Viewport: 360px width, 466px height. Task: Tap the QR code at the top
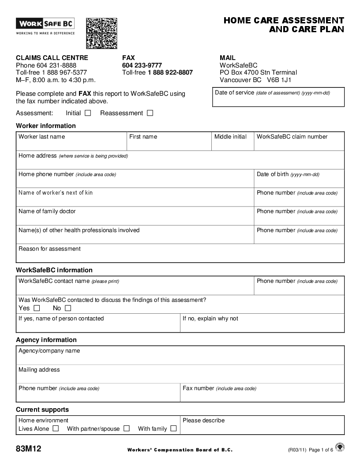[101, 33]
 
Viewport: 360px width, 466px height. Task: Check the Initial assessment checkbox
[88, 113]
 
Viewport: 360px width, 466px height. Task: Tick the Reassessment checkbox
[150, 113]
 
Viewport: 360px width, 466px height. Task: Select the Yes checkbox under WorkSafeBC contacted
[37, 308]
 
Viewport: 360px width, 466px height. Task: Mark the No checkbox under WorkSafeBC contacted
[67, 308]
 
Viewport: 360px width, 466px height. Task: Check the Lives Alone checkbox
[56, 428]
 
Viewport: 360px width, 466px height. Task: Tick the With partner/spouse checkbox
[127, 428]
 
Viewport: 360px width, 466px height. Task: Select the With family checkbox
[173, 428]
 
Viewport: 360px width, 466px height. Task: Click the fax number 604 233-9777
[142, 65]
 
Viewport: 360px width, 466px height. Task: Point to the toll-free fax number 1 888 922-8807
[170, 72]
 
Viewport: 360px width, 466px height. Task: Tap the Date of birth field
[299, 181]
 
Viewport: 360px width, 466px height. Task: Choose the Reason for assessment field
[180, 256]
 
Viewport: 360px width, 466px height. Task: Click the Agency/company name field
[180, 358]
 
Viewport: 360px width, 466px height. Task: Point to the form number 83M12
[29, 449]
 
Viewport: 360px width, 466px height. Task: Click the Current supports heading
[42, 410]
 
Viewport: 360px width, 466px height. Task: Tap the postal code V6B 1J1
[279, 80]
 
